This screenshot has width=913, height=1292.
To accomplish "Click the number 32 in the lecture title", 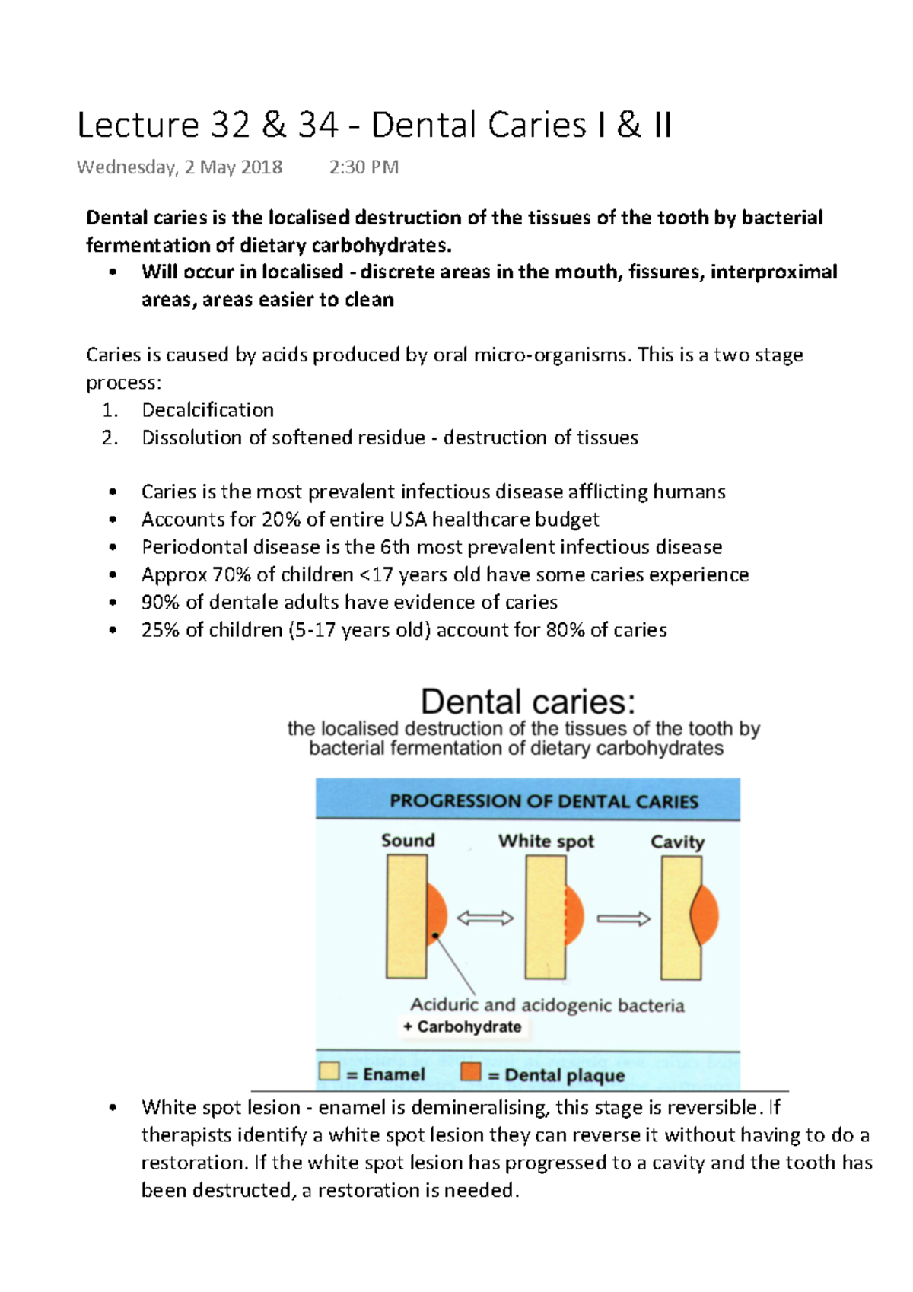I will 230,126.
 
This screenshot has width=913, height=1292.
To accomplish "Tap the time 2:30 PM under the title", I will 364,167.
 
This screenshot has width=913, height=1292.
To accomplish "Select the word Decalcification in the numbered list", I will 207,410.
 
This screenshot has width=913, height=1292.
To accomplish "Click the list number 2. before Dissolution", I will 110,438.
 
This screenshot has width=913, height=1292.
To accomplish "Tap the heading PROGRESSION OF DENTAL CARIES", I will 543,801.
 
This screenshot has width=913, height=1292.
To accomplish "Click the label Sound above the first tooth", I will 408,841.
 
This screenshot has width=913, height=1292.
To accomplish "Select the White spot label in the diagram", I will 546,842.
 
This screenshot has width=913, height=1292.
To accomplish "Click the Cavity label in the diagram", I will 677,842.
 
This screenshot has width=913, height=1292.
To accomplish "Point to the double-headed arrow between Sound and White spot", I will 485,918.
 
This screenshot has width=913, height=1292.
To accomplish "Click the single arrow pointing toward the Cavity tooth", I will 623,919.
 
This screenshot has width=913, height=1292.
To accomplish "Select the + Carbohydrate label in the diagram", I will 462,1027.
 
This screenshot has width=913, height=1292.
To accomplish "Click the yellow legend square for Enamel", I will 329,1071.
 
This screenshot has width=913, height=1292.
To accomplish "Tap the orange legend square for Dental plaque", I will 471,1072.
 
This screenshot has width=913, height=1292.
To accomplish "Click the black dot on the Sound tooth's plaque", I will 434,935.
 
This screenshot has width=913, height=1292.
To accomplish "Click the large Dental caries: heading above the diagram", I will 527,702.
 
